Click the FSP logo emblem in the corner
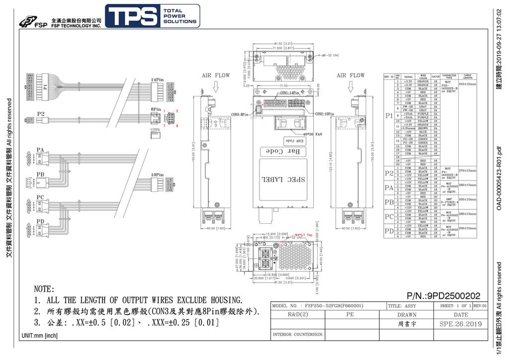(x=29, y=21)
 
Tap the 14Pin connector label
(x=157, y=80)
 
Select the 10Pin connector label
(x=157, y=175)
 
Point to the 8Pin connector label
(x=156, y=108)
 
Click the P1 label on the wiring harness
(x=45, y=86)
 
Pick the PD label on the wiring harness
(x=40, y=221)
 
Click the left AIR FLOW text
(x=216, y=76)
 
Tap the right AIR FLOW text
(x=350, y=76)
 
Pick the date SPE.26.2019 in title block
(x=460, y=324)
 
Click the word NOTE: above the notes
(x=44, y=289)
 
